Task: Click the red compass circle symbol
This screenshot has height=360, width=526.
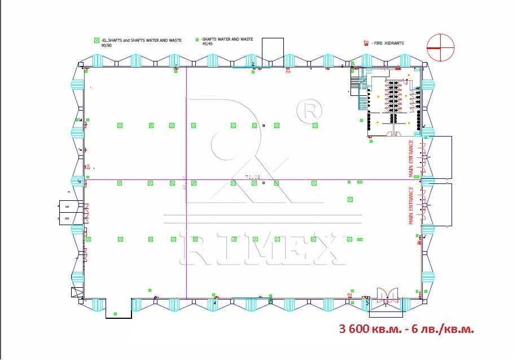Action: [x=440, y=47]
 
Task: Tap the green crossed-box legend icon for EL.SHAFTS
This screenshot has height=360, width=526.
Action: [x=97, y=40]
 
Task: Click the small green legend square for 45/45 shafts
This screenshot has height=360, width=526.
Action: [x=197, y=39]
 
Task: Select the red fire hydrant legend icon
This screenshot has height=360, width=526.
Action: [x=366, y=43]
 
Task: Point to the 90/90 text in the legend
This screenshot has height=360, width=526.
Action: [x=107, y=45]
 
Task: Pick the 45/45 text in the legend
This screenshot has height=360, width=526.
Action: [x=208, y=44]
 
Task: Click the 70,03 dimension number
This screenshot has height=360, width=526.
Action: [x=252, y=177]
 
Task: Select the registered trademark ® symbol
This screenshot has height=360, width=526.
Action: [x=309, y=110]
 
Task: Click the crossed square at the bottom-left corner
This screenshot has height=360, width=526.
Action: [x=76, y=292]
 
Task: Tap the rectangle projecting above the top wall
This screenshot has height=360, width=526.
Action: [x=273, y=47]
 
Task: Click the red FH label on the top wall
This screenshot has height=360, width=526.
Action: [x=288, y=72]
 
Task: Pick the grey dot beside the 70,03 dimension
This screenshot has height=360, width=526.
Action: [x=264, y=184]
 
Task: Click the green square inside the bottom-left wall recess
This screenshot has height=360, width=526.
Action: [x=115, y=313]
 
